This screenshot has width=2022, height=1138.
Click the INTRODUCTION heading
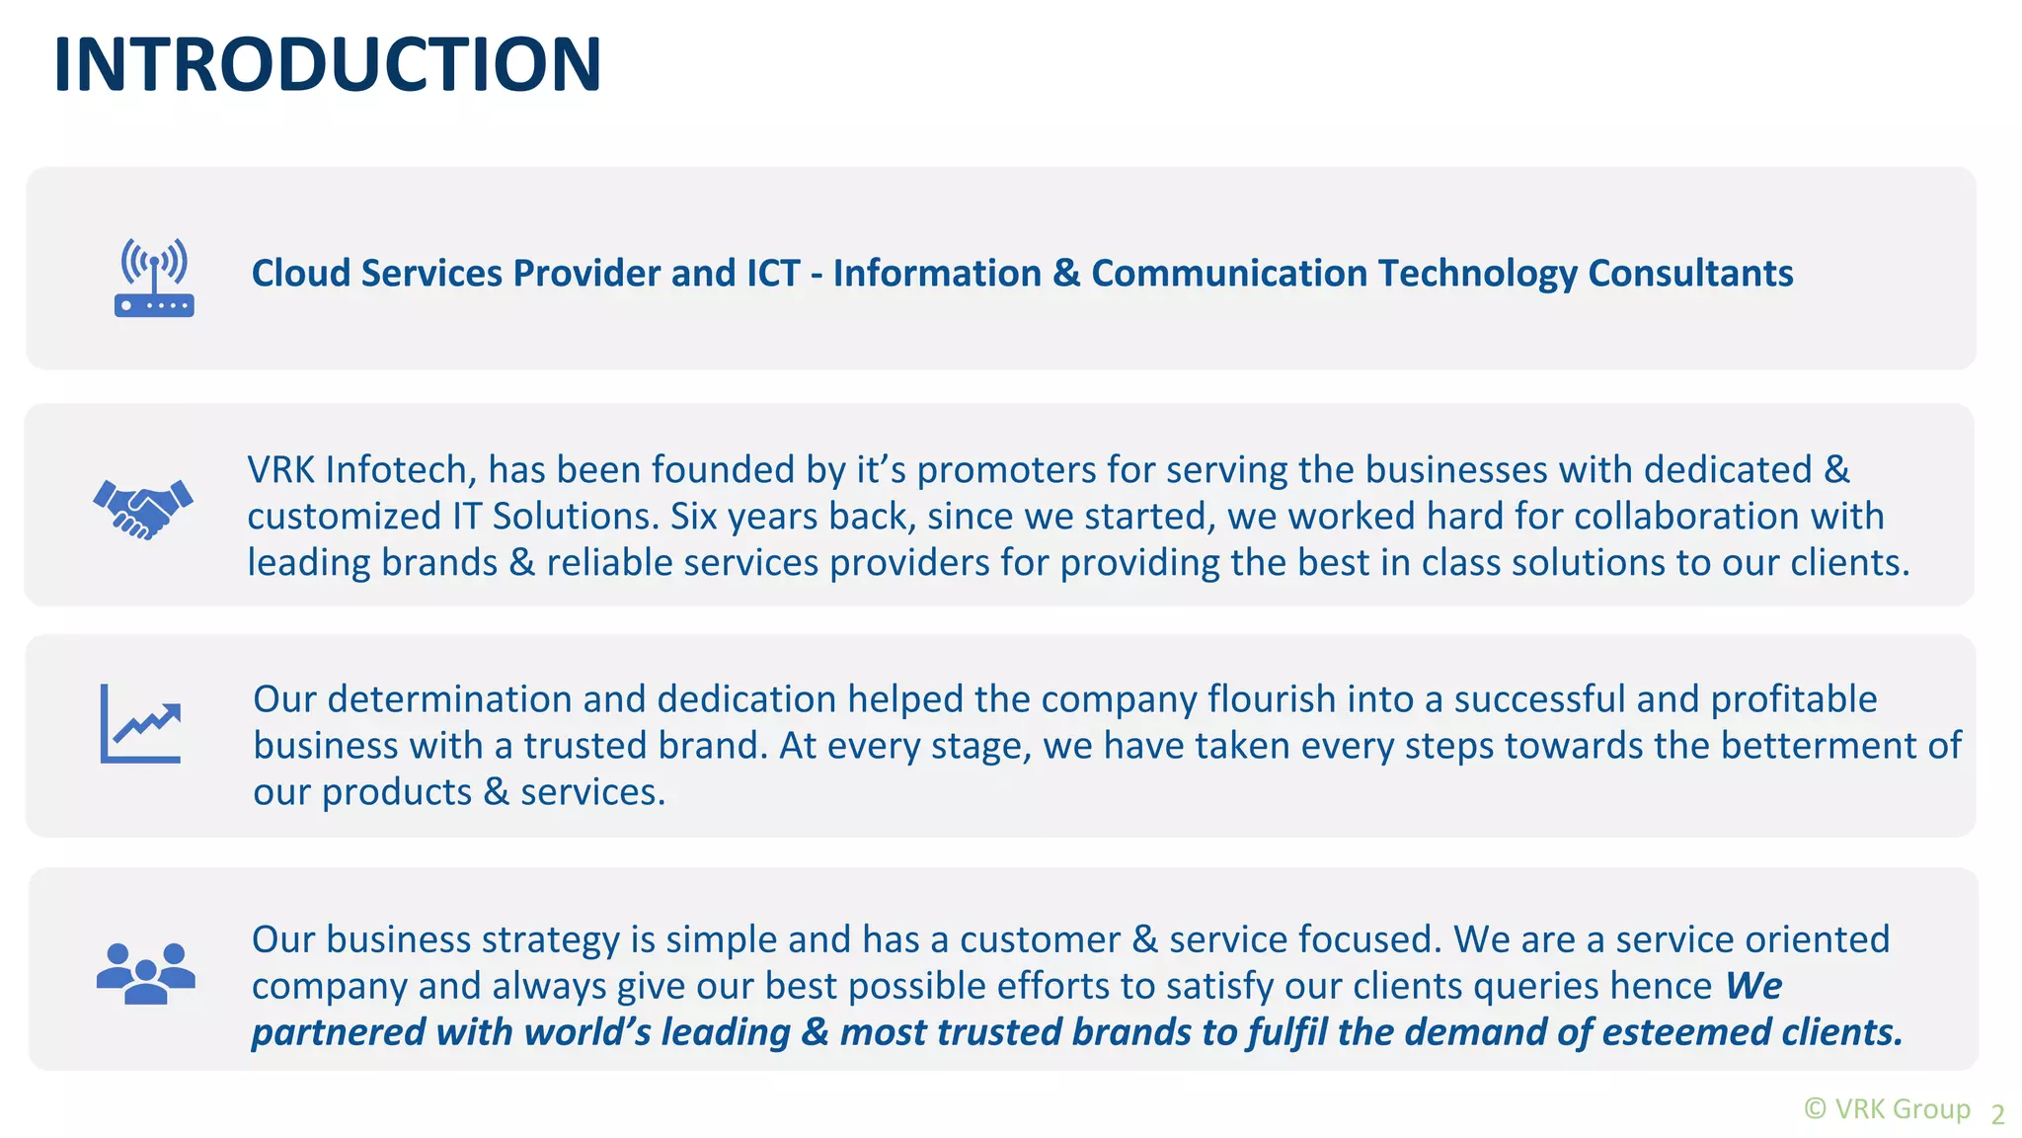tap(327, 65)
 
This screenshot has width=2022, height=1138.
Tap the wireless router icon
tap(154, 278)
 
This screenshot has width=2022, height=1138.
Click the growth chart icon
tap(141, 724)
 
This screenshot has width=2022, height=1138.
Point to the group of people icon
tap(145, 973)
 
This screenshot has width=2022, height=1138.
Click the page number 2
tap(1997, 1114)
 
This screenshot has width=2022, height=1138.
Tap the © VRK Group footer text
tap(1887, 1109)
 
